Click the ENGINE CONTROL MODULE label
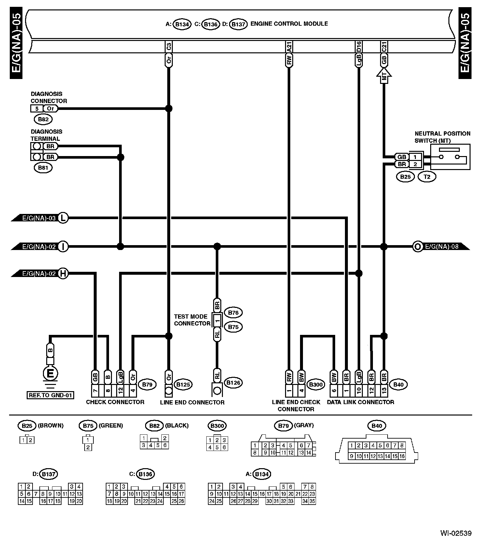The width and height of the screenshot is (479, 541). click(x=289, y=24)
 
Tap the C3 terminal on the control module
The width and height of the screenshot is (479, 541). click(x=169, y=46)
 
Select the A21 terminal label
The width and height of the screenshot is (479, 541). click(x=289, y=46)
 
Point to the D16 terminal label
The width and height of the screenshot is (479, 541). click(x=359, y=46)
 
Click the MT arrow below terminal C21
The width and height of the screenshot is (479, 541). click(x=384, y=76)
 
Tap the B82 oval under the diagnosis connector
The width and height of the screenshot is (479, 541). click(x=43, y=119)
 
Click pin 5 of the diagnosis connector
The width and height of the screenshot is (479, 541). click(x=37, y=109)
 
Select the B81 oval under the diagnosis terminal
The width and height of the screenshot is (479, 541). click(x=43, y=168)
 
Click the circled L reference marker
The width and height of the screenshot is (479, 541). click(x=63, y=218)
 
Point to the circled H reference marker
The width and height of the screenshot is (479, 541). click(x=63, y=274)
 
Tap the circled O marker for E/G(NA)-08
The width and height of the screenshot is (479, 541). click(x=417, y=246)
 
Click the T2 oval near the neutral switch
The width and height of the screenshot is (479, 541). click(x=427, y=177)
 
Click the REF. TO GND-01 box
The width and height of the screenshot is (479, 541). click(x=50, y=395)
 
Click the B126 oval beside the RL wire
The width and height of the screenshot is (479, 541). click(x=233, y=383)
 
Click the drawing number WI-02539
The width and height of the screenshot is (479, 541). click(x=456, y=533)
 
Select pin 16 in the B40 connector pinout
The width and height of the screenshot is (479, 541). click(x=402, y=456)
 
